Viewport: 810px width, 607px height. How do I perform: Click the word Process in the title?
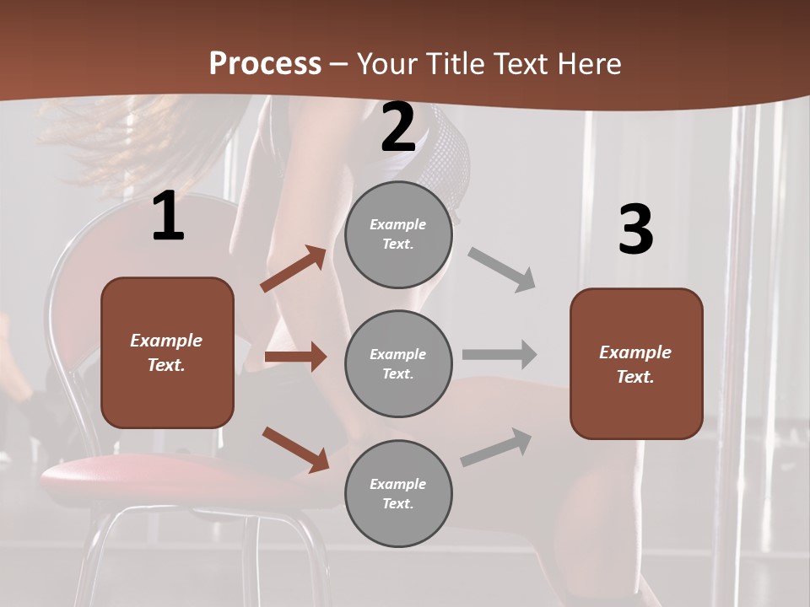(265, 64)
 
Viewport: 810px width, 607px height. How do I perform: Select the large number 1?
(168, 218)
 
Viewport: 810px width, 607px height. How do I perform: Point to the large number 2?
(398, 127)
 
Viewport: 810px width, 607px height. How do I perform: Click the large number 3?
(635, 229)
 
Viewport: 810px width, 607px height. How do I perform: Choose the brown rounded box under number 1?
(167, 352)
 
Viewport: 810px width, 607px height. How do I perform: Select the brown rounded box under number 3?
(636, 363)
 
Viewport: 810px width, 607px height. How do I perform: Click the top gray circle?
(398, 234)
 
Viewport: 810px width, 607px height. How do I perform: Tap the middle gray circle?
(398, 363)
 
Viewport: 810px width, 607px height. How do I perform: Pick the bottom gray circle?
(398, 493)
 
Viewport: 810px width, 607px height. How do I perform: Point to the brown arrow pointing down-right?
(295, 449)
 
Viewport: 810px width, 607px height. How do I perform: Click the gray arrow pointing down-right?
(502, 270)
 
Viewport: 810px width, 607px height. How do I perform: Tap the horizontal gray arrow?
(499, 355)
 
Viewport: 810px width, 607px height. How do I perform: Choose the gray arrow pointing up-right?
(496, 448)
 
